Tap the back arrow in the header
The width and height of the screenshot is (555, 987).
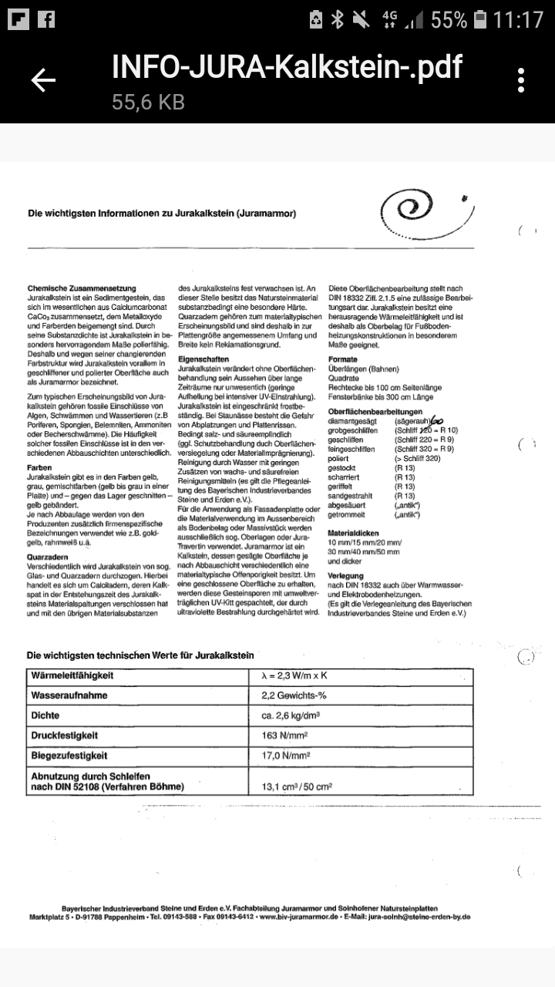click(43, 80)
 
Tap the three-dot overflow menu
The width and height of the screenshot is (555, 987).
click(522, 80)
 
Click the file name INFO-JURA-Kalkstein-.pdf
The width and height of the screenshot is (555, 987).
click(287, 68)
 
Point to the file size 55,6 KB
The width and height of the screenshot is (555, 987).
click(148, 103)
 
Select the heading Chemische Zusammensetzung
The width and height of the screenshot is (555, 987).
click(82, 288)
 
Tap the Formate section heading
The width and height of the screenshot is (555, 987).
click(343, 359)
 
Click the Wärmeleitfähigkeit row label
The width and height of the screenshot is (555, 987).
click(72, 675)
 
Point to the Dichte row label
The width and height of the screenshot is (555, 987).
click(45, 716)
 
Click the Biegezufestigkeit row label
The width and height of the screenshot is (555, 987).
click(69, 756)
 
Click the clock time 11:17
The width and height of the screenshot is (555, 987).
click(519, 19)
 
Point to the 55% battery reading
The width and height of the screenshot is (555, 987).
click(449, 19)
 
